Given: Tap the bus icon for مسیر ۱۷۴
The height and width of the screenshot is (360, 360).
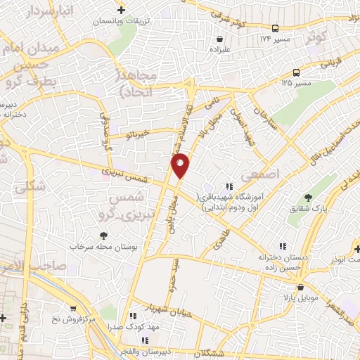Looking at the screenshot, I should pyautogui.click(x=276, y=28).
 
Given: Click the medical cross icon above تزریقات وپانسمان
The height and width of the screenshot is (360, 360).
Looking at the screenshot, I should pyautogui.click(x=122, y=10).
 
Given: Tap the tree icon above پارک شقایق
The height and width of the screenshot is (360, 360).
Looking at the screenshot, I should pyautogui.click(x=307, y=197).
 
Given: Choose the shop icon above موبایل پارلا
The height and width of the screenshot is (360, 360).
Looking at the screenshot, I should pyautogui.click(x=301, y=287).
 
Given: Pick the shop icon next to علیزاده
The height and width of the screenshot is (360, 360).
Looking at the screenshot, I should pyautogui.click(x=211, y=39).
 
